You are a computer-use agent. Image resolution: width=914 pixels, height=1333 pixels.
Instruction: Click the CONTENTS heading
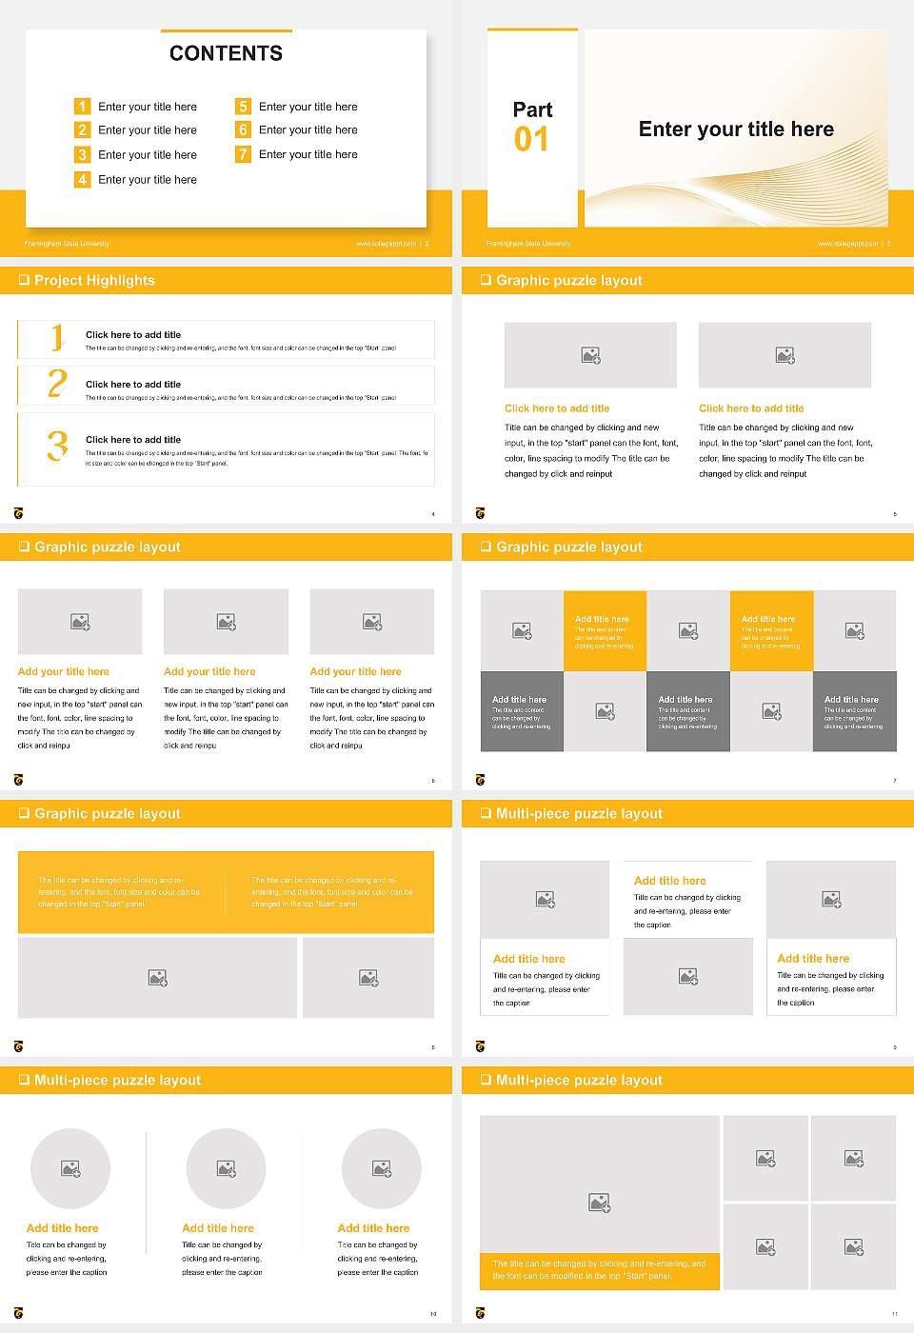pos(226,53)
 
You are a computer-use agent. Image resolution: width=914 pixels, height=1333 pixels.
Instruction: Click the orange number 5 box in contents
pos(244,107)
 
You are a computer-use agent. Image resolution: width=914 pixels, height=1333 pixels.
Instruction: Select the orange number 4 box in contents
pos(83,179)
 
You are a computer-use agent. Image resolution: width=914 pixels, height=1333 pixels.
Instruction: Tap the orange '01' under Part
pos(531,140)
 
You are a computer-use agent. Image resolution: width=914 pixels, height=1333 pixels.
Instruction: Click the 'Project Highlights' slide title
pos(94,281)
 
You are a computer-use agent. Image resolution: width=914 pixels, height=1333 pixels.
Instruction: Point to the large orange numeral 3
pos(58,446)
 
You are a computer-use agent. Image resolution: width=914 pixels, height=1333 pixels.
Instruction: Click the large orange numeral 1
pos(58,337)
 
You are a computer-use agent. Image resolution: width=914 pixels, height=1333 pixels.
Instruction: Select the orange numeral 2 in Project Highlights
pos(57,385)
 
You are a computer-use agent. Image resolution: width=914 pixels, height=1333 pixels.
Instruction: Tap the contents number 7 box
pos(244,154)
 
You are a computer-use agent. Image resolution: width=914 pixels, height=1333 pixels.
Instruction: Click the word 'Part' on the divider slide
pos(532,109)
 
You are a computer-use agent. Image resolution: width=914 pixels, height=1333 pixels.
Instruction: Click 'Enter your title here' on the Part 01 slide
pos(736,129)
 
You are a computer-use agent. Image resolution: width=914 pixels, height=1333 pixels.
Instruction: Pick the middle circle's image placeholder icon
pos(226,1168)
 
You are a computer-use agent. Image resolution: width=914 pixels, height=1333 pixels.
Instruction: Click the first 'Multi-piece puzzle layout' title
pos(579,814)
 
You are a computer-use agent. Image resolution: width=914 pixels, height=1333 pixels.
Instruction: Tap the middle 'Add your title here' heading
pos(209,671)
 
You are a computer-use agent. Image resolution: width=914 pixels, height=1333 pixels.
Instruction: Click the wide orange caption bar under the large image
pos(600,1270)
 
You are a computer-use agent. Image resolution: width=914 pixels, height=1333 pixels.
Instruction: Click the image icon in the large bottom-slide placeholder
pos(599,1204)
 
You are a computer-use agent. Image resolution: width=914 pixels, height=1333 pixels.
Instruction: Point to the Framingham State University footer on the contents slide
pos(67,244)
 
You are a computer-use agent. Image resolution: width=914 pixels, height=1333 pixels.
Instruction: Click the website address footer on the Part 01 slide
pos(847,244)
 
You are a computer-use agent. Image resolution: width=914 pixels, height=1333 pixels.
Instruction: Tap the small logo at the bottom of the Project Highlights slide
pos(18,513)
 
